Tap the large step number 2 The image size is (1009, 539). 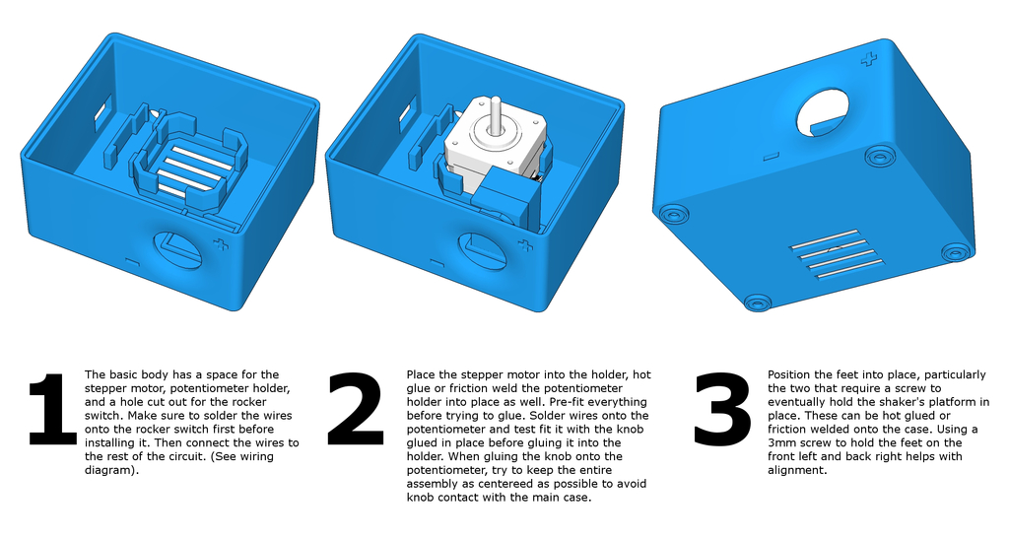pos(356,409)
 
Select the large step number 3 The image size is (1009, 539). pos(722,409)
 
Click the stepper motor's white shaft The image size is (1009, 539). pos(495,114)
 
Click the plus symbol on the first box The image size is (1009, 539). pos(221,245)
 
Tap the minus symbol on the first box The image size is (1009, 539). pos(132,262)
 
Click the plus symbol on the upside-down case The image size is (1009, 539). pos(869,60)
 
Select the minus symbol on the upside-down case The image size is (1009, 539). pos(771,157)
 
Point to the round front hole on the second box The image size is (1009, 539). pos(483,252)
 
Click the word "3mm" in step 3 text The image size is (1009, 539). pos(781,442)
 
